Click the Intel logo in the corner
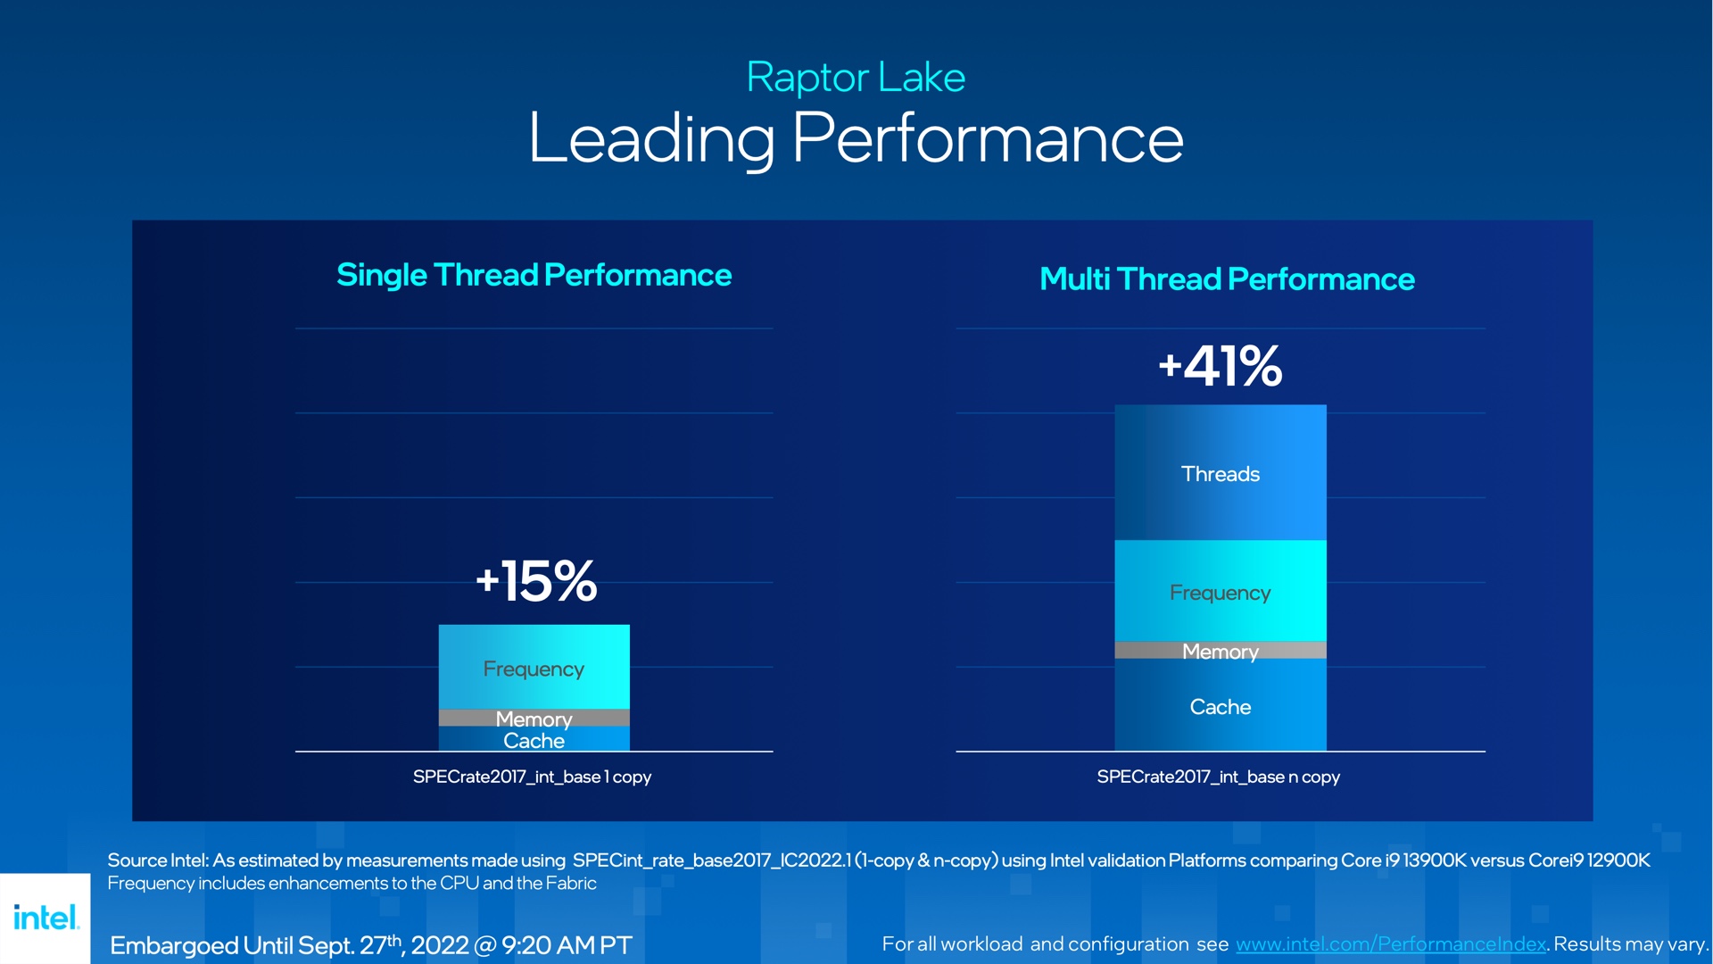tap(46, 918)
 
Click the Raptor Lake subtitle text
tap(856, 78)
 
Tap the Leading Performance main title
tap(856, 138)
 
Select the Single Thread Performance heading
tap(534, 275)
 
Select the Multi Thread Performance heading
tap(1227, 279)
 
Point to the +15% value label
tap(536, 581)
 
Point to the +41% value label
tap(1220, 366)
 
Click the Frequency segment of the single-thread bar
tap(534, 668)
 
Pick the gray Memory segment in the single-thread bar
tap(534, 718)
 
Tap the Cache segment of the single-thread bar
tap(534, 740)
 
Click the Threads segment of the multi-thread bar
tap(1220, 474)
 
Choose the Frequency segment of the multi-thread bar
tap(1220, 593)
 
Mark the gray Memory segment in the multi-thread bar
tap(1220, 651)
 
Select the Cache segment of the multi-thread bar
tap(1220, 707)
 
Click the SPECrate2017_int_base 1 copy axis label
tap(532, 777)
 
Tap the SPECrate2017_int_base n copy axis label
tap(1218, 777)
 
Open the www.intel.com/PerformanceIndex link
tap(1390, 944)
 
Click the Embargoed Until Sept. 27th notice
tap(370, 945)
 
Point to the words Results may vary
tap(1631, 944)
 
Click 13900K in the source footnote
tap(1434, 860)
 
